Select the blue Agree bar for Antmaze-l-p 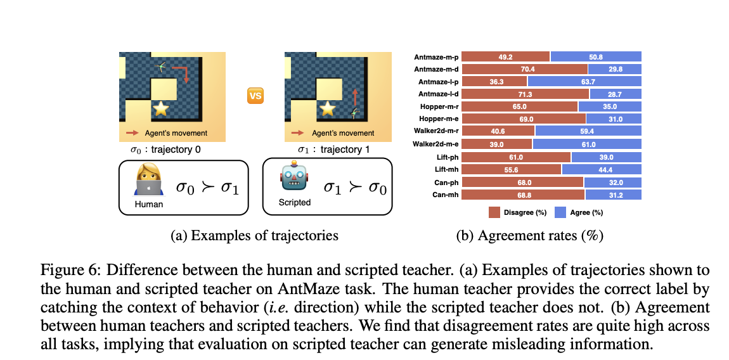pos(584,81)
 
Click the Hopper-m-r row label pos(437,106)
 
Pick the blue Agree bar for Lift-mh pos(602,169)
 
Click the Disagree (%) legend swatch pos(494,212)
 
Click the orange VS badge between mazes pos(255,96)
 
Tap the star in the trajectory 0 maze pos(162,108)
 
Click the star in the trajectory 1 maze pos(328,108)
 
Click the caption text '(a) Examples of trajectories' pos(254,236)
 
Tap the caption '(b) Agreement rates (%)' pos(529,236)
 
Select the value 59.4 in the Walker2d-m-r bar pos(588,131)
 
